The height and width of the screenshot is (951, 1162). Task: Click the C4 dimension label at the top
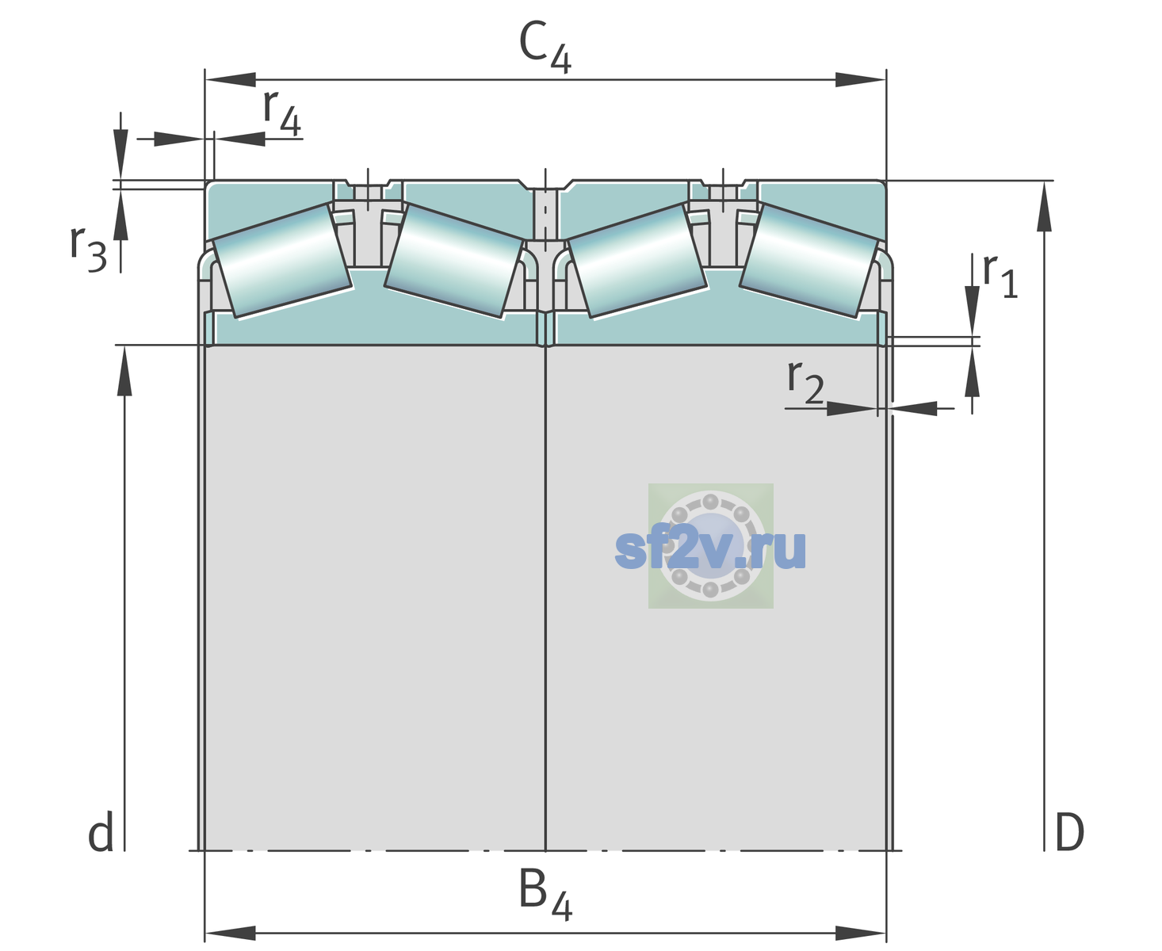(x=545, y=46)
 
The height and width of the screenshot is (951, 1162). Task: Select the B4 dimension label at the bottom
(x=545, y=894)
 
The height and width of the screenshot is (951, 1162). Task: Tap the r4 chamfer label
(x=281, y=113)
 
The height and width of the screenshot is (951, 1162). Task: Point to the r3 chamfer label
(x=88, y=249)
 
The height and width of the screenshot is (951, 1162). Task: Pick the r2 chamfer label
(x=805, y=381)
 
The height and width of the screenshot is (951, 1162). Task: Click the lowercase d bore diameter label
(x=101, y=832)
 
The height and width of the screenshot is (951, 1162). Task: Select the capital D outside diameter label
(x=1069, y=833)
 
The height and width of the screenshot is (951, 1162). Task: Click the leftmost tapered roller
(x=282, y=261)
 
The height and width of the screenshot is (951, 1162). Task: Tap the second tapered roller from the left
(x=454, y=261)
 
